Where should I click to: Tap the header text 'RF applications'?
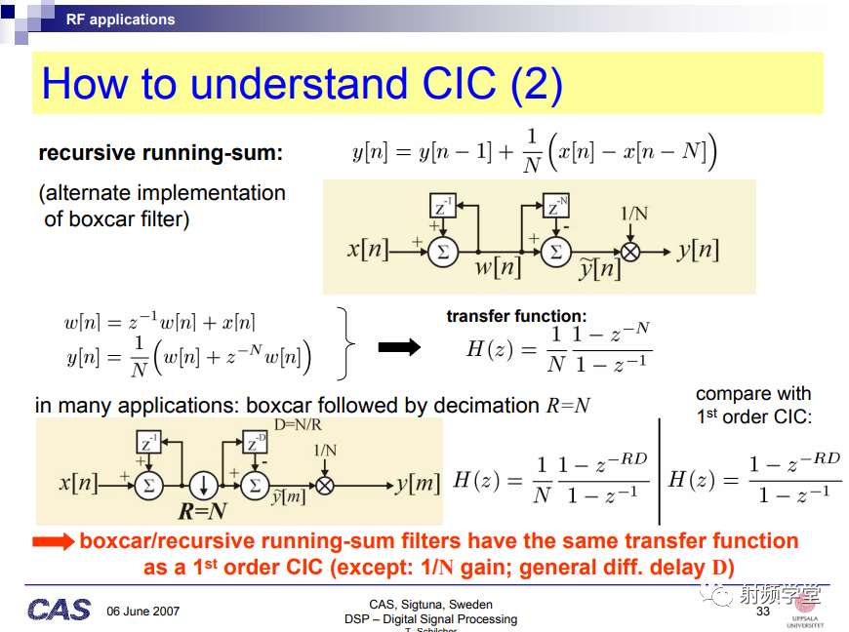click(x=120, y=20)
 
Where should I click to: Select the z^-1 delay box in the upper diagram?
click(x=442, y=206)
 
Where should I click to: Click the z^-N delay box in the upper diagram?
click(x=556, y=206)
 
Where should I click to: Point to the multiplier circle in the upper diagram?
click(x=630, y=253)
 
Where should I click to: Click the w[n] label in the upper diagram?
click(x=498, y=267)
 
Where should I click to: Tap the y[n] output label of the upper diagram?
click(x=698, y=251)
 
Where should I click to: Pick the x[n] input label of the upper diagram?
click(x=368, y=250)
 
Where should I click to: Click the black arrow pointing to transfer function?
click(x=399, y=347)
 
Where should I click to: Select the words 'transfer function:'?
click(x=516, y=316)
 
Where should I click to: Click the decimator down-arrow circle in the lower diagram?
click(x=204, y=485)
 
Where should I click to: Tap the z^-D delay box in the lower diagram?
click(x=255, y=442)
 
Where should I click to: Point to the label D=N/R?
click(x=298, y=425)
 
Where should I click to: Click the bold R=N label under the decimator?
click(x=203, y=511)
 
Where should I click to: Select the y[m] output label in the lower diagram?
click(x=418, y=483)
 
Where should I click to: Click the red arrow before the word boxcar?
click(x=53, y=541)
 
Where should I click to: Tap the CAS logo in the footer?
click(x=59, y=610)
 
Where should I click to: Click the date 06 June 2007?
click(x=142, y=612)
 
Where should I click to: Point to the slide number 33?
click(x=763, y=612)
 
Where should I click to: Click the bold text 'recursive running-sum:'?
click(x=161, y=153)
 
